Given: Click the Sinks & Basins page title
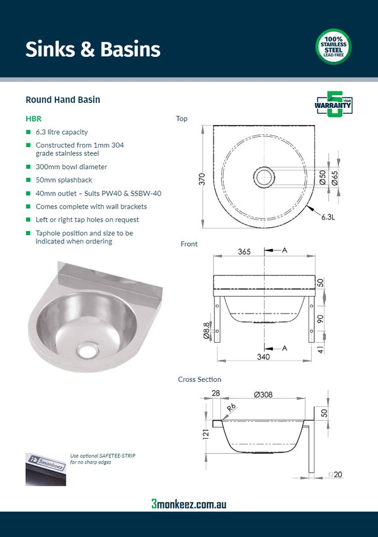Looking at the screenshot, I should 93,49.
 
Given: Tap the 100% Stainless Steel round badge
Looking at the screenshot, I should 333,47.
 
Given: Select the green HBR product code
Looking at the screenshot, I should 33,118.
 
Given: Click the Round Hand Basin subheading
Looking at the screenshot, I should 62,100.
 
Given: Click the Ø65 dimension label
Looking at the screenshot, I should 335,178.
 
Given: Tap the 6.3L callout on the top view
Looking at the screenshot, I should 327,216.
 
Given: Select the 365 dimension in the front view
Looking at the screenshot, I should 244,251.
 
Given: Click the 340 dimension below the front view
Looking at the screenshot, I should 263,357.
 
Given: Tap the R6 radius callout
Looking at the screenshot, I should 231,409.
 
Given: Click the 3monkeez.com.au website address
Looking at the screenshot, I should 188,504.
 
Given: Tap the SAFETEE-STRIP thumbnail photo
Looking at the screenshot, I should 45,469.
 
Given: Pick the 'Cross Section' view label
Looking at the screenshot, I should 199,379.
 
